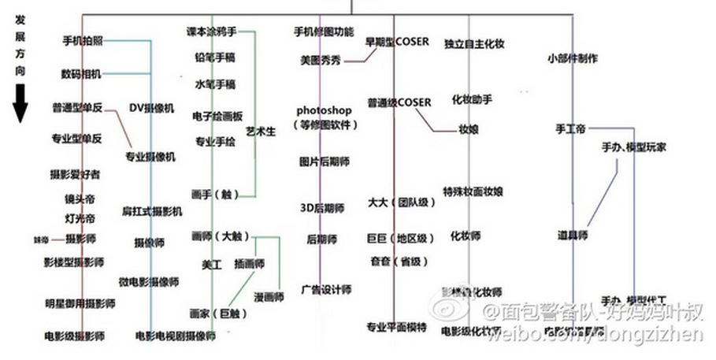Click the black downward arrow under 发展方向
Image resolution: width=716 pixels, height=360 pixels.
point(20,105)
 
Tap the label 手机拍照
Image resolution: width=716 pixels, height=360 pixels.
point(82,40)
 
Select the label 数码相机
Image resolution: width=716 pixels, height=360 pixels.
point(81,74)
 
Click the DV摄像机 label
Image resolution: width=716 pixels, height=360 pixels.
point(152,107)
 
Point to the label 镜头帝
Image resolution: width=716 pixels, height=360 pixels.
point(80,200)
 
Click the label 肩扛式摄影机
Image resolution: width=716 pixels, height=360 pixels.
point(152,211)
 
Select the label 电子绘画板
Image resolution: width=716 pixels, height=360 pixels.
point(217,116)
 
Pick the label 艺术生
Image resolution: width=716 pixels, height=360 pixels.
point(261,132)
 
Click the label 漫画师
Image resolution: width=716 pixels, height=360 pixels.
point(269,297)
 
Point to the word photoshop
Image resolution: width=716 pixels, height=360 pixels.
point(324,110)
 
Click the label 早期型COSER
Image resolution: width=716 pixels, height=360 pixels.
point(396,41)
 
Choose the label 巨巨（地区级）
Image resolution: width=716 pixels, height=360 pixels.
point(401,237)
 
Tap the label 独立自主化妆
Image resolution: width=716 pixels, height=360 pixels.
point(474,45)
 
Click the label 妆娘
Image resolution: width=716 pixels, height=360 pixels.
point(469,129)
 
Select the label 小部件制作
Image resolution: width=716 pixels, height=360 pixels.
point(571,58)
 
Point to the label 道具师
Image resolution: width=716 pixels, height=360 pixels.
point(573,235)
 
